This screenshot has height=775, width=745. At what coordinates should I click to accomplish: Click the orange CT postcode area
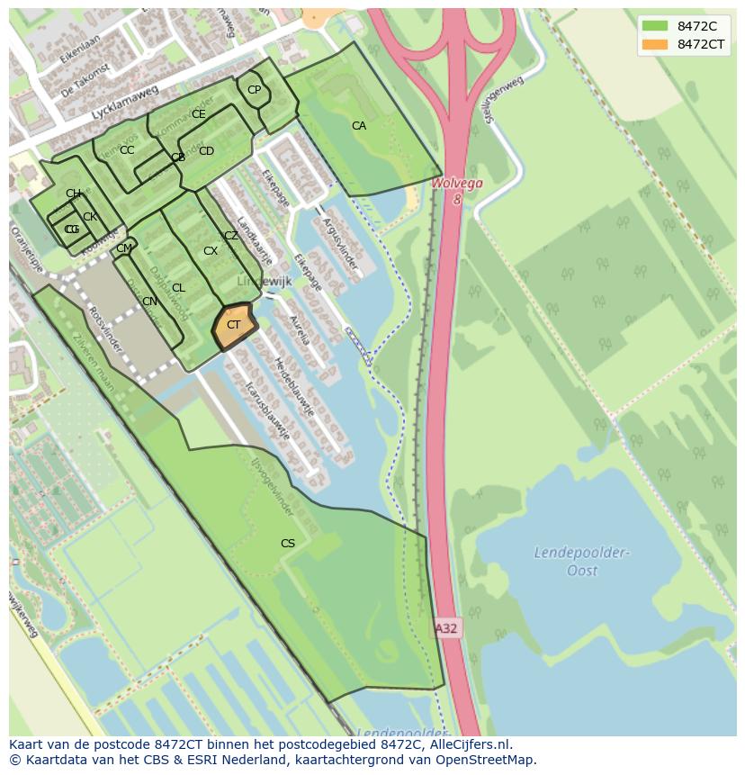(x=233, y=326)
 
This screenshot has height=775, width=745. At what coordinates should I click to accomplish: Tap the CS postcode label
(x=288, y=543)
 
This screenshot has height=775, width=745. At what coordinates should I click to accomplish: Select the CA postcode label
(x=359, y=126)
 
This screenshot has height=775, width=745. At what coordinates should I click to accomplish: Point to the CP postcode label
(x=254, y=89)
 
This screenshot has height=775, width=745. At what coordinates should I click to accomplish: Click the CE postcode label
(x=199, y=114)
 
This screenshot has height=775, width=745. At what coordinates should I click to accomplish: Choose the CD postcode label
(x=206, y=151)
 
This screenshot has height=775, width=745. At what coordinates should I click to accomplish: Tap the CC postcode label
(x=127, y=150)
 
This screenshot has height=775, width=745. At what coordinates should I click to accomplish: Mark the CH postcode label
(x=73, y=194)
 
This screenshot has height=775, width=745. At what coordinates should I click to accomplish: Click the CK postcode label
(x=89, y=217)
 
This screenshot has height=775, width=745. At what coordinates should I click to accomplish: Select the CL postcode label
(x=178, y=288)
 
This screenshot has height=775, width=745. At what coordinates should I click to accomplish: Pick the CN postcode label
(x=149, y=302)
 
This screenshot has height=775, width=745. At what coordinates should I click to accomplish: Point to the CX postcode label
(x=211, y=251)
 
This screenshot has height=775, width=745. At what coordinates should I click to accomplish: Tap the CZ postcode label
(x=231, y=236)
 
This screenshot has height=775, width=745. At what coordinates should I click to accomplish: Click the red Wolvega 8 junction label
(x=457, y=190)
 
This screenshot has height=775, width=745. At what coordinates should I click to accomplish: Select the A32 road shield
(x=447, y=628)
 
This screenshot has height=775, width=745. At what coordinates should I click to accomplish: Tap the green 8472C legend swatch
(x=655, y=25)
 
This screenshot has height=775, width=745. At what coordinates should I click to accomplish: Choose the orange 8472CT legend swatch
(x=655, y=44)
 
